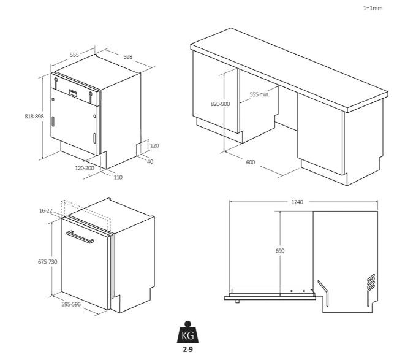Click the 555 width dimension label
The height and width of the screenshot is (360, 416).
pos(75,55)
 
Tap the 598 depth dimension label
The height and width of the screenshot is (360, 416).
pos(128,57)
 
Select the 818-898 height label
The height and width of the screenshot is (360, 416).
pos(34,117)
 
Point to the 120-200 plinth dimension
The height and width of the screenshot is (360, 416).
pos(85,168)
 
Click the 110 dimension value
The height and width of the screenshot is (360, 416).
pos(118,178)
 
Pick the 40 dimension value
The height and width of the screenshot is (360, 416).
pos(150,162)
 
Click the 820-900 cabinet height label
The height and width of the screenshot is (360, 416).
pos(220,104)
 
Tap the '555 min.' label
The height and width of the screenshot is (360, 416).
pos(260,94)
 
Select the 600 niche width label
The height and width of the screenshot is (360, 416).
pos(251,162)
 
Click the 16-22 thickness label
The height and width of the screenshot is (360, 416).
pos(46,211)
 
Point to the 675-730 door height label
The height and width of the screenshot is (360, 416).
pos(48,262)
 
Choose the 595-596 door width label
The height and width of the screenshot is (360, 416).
pos(71,305)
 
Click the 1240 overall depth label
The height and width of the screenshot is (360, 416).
pos(297,202)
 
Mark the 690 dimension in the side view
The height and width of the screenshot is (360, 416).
pos(280,251)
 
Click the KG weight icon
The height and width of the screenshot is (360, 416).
pos(187,332)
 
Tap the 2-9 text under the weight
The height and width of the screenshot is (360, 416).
pos(187,350)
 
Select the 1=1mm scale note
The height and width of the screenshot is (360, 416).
pos(373,8)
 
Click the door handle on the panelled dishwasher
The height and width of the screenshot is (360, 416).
pos(80,237)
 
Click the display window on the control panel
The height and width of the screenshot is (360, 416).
pos(74,93)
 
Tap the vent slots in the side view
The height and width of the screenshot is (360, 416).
pos(371,283)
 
